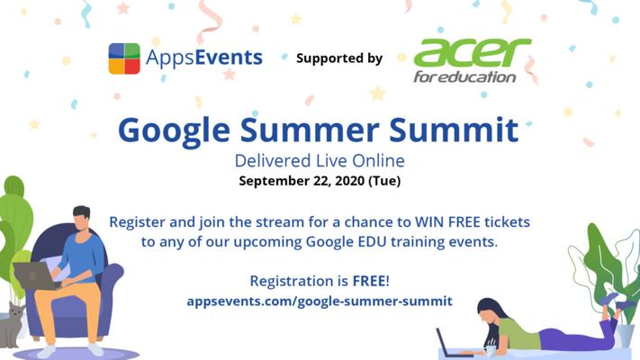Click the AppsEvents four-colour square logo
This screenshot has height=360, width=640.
(x=124, y=58)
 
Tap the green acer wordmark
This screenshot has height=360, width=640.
(x=473, y=53)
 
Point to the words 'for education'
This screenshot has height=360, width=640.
(x=464, y=76)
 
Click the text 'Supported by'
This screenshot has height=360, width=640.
(x=339, y=58)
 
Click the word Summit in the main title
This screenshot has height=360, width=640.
(x=454, y=130)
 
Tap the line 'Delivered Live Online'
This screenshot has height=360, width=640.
(x=320, y=161)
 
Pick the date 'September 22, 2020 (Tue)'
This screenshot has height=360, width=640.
(x=320, y=181)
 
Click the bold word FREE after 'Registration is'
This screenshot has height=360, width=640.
(x=369, y=281)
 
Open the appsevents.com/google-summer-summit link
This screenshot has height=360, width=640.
(x=320, y=301)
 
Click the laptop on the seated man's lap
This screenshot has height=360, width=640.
(x=35, y=276)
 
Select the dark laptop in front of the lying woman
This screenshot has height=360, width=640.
(x=450, y=344)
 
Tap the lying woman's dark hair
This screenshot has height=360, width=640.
(x=491, y=311)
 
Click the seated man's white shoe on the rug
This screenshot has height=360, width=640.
(x=95, y=349)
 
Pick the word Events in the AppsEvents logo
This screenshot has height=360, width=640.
(x=229, y=57)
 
